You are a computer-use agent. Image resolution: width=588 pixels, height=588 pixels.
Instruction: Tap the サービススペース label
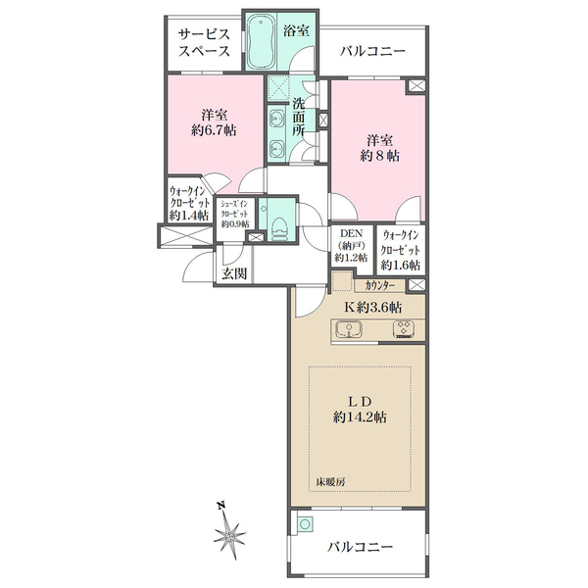pos(203,43)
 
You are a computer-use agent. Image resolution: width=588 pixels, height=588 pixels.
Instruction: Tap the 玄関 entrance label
pos(233,274)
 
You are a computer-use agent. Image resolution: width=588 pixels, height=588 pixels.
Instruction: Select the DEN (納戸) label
pos(351,245)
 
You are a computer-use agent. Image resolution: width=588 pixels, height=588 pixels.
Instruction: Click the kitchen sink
pos(350,329)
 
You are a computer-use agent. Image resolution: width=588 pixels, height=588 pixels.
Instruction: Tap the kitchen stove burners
pos(404,329)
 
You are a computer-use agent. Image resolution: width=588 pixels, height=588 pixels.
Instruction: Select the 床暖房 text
pos(331,481)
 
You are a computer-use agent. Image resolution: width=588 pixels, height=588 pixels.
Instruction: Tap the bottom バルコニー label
pos(360,546)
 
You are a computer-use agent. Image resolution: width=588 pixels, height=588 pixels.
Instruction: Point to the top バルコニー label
pos(371,52)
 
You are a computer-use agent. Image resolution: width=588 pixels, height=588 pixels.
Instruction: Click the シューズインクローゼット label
pos(238,215)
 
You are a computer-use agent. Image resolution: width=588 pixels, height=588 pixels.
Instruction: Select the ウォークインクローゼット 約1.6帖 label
pos(402,250)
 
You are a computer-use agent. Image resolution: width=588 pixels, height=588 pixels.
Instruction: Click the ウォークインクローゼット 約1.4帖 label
pos(188,203)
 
